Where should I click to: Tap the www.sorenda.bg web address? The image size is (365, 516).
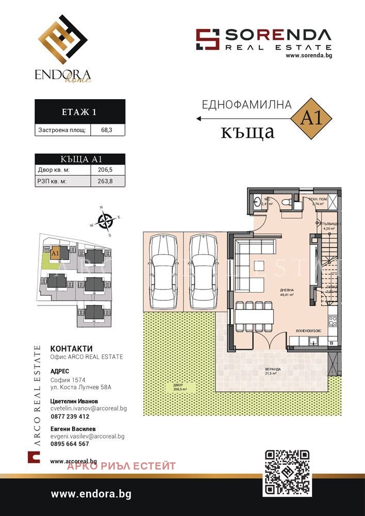click(308, 56)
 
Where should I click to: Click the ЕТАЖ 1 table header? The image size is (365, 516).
click(79, 111)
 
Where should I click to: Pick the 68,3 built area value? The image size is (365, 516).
click(107, 131)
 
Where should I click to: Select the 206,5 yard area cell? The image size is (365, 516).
click(107, 169)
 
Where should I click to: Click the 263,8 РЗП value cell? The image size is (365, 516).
click(107, 181)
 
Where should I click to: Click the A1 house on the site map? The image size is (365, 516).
click(55, 253)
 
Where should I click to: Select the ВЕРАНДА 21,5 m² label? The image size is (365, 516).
click(273, 372)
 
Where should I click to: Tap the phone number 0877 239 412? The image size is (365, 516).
click(70, 416)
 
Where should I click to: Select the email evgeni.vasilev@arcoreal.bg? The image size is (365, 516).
click(87, 436)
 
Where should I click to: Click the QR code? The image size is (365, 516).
click(287, 472)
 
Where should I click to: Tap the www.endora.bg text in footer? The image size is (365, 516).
click(91, 494)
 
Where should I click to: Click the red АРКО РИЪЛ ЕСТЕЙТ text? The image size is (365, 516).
click(121, 466)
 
